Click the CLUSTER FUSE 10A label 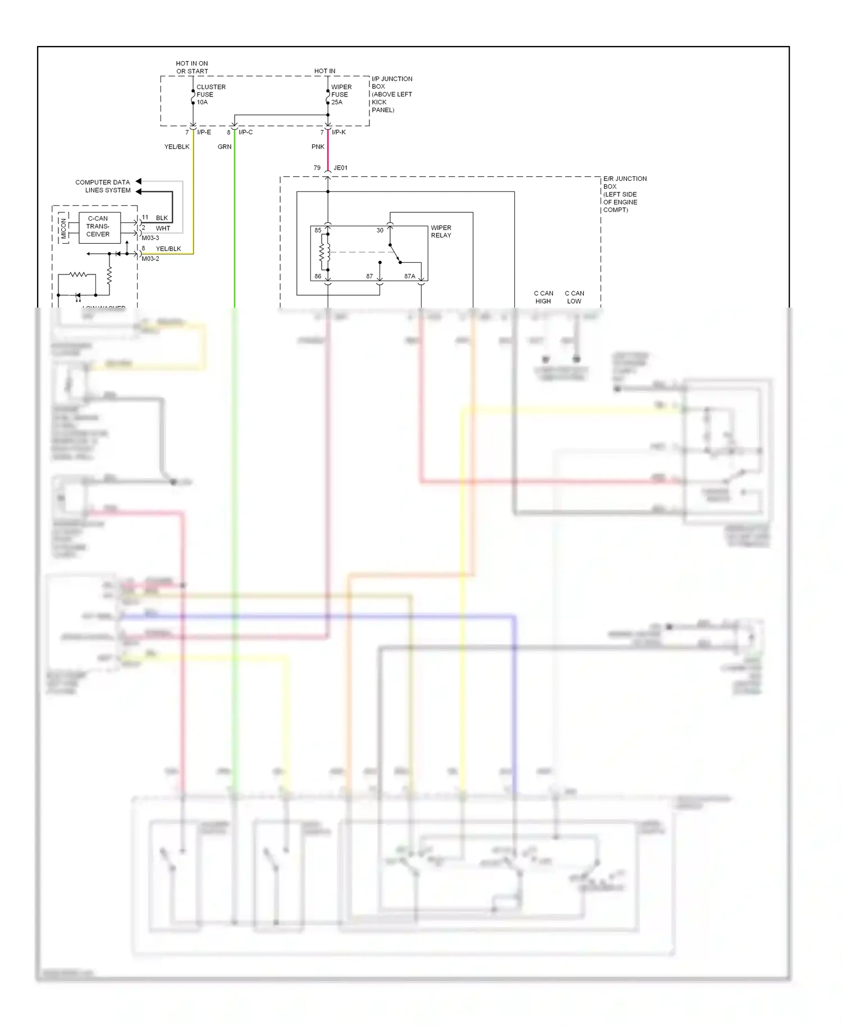point(210,94)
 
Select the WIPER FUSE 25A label point(341,94)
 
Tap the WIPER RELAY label point(441,231)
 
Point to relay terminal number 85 point(318,230)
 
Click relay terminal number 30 point(380,230)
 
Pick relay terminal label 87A point(410,276)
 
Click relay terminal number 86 point(318,276)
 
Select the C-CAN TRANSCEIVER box point(99,227)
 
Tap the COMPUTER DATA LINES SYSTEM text point(103,186)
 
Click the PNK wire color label point(318,146)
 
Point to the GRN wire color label point(225,146)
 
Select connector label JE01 point(340,168)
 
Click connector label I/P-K point(338,132)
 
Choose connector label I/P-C point(245,132)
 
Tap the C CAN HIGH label point(543,297)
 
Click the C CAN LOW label point(574,297)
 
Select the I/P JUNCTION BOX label point(391,94)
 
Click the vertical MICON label point(63,227)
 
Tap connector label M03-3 point(150,238)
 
